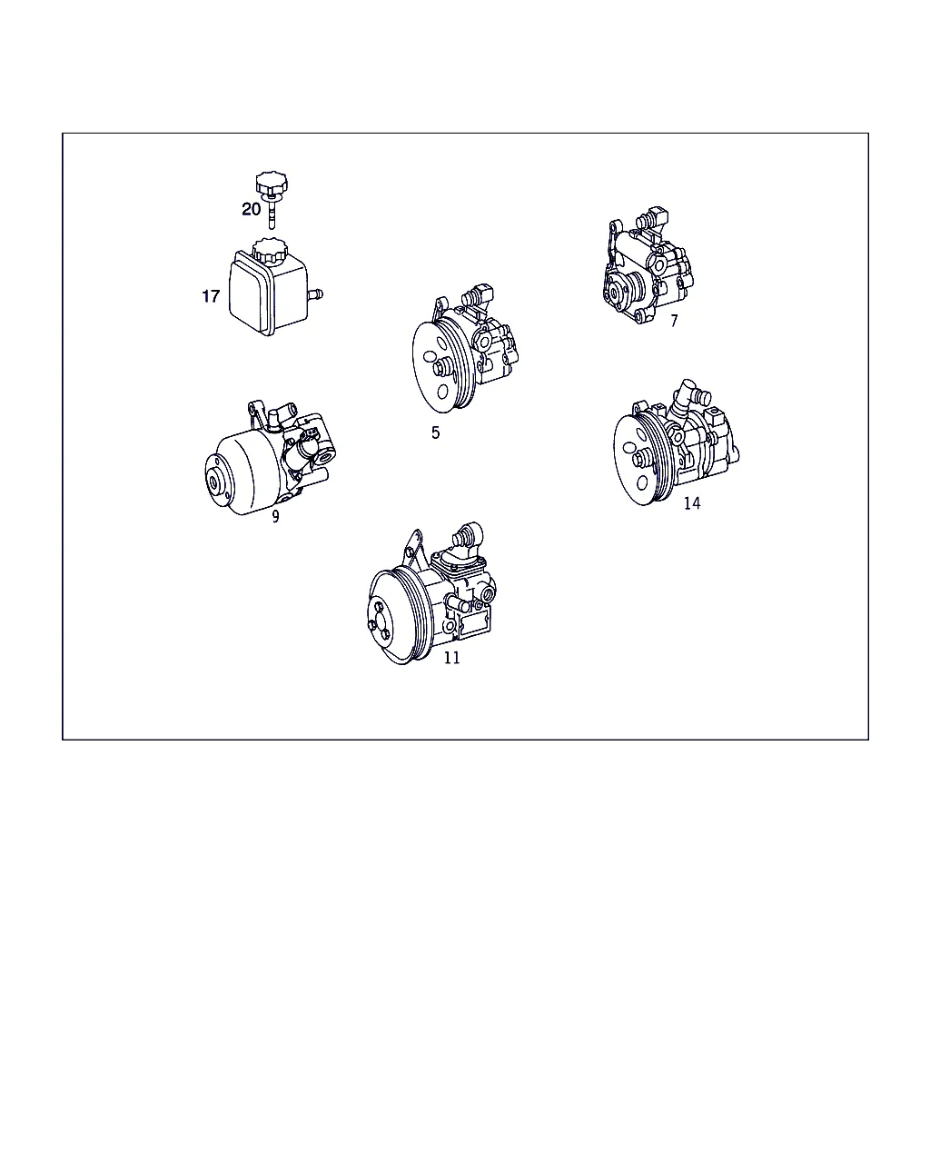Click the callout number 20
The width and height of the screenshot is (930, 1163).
coord(252,209)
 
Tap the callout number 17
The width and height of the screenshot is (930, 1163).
coord(211,296)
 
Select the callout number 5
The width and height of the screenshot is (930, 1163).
coord(436,432)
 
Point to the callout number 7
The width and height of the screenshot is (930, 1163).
coord(674,321)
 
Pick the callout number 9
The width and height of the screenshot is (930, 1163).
coord(275,517)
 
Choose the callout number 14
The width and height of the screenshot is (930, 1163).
coord(692,503)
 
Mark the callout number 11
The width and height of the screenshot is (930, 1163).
coord(451,657)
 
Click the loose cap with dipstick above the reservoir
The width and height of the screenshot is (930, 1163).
coord(272,198)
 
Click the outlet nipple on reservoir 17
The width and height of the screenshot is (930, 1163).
coord(315,295)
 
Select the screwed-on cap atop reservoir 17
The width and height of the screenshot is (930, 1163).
coord(270,251)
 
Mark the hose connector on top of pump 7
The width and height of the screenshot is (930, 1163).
coord(653,218)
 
